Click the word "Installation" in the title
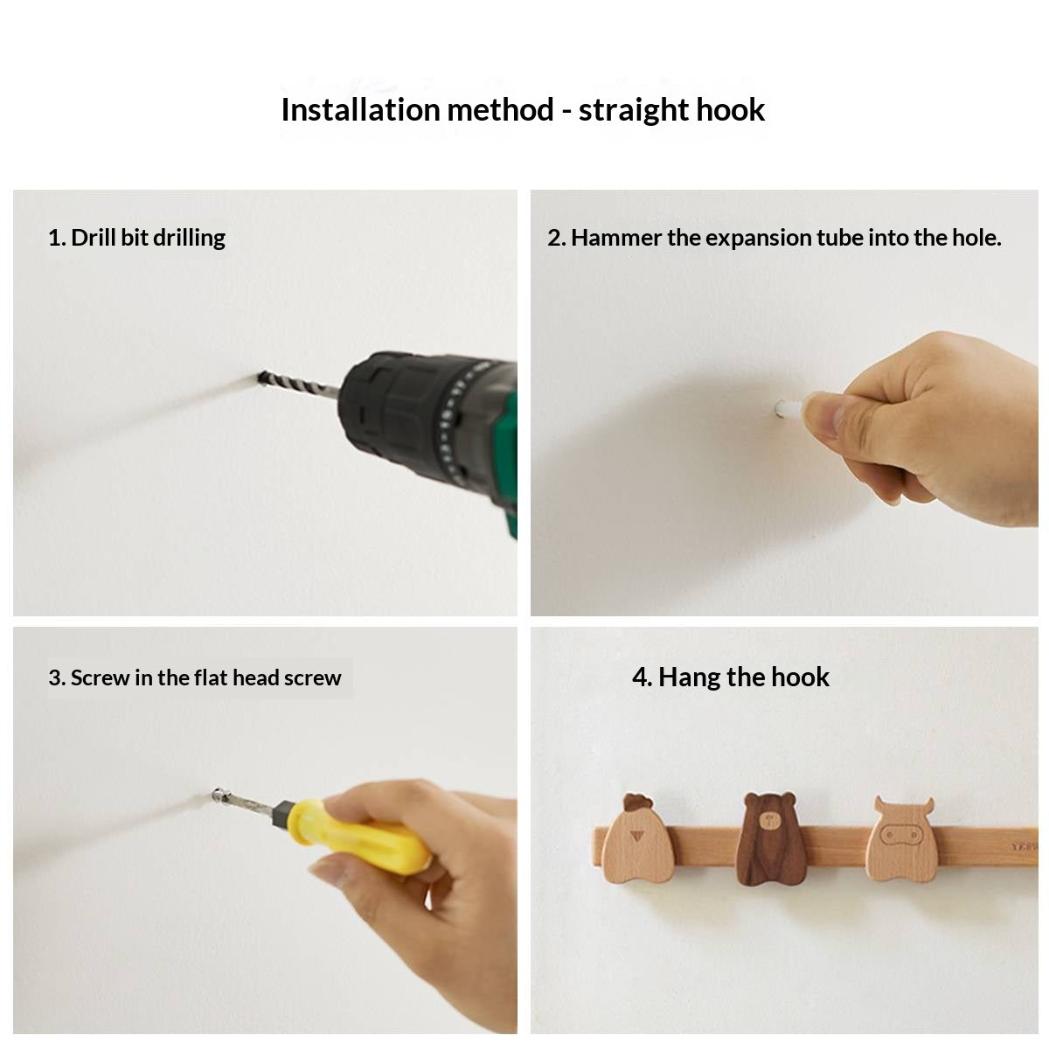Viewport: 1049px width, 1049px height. (x=360, y=109)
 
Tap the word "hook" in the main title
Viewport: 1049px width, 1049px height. (x=730, y=109)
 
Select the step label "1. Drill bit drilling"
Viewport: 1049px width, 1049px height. (x=136, y=238)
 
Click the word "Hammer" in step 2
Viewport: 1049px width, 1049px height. (x=615, y=238)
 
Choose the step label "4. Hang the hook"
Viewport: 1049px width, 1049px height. (x=730, y=677)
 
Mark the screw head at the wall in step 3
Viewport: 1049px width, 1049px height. (x=218, y=795)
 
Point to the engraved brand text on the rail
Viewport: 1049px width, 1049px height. (x=1025, y=847)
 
